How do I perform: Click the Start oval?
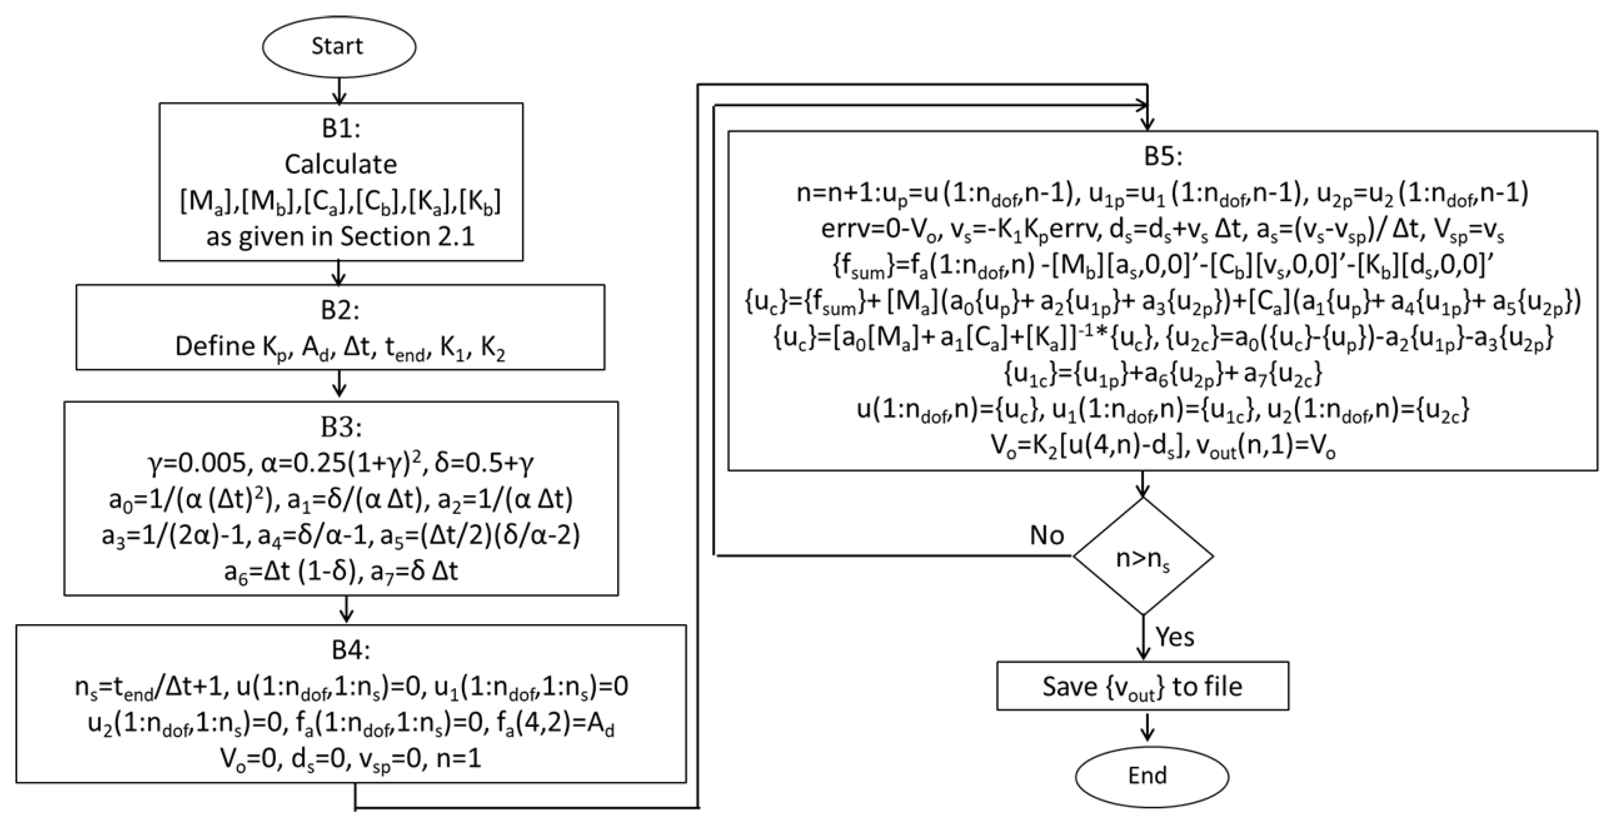coord(339,46)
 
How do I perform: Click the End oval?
coord(1151,775)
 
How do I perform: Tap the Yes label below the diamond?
coord(1175,637)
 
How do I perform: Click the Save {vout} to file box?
coord(1143,686)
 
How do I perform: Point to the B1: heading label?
coord(340,128)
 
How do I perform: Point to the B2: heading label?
coord(340,310)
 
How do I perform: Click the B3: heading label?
coord(340,427)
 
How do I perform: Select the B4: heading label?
coord(351,651)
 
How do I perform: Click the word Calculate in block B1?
coord(340,164)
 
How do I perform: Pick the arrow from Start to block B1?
coord(339,90)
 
